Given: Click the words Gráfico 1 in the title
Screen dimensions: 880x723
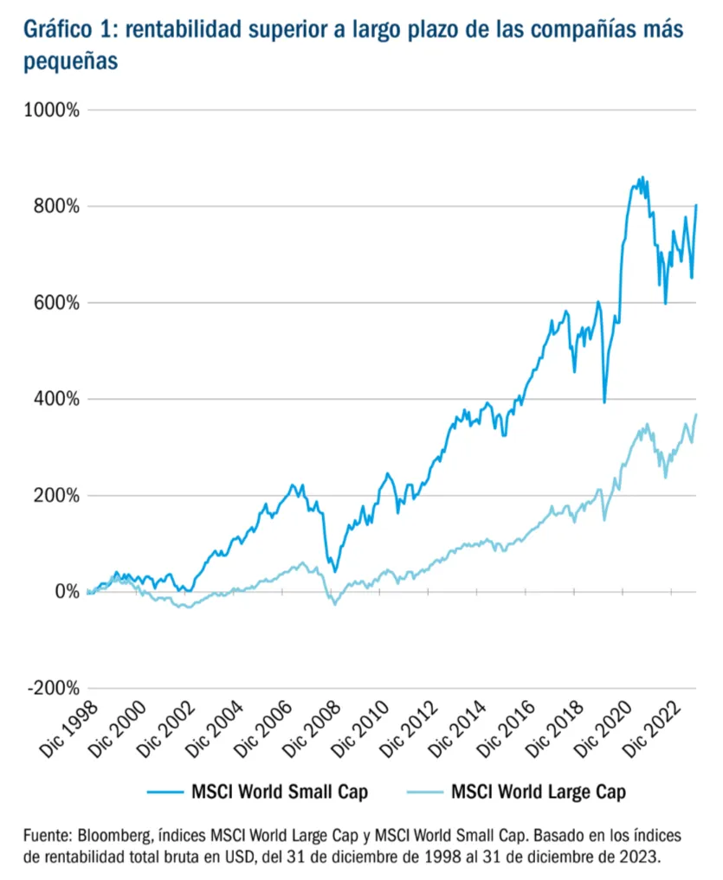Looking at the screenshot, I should [66, 30].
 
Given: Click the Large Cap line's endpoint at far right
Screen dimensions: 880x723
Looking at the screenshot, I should [695, 414].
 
